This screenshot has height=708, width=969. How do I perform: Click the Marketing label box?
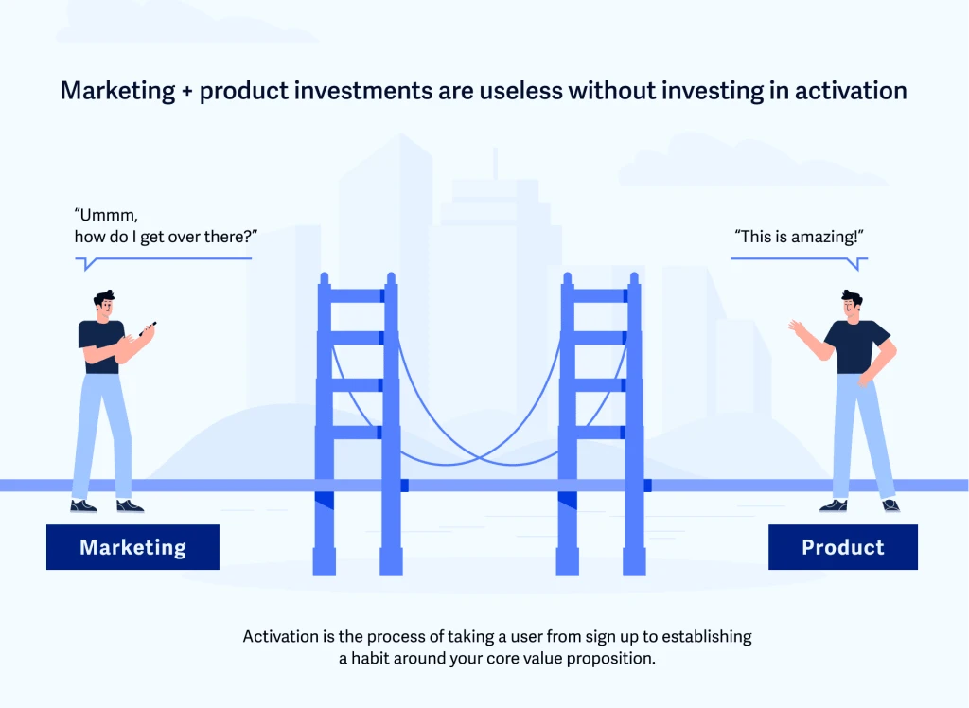[132, 547]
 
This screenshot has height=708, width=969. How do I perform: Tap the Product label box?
[843, 547]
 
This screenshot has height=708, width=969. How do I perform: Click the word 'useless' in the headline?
[520, 91]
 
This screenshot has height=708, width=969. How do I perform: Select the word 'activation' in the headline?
[851, 91]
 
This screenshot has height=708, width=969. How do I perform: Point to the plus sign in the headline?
[187, 92]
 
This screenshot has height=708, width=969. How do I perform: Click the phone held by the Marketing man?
[149, 328]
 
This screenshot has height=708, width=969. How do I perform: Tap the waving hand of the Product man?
[797, 328]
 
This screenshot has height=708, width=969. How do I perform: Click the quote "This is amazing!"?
[799, 237]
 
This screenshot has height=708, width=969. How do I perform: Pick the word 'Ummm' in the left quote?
[106, 215]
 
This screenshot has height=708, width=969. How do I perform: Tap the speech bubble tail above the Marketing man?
[89, 265]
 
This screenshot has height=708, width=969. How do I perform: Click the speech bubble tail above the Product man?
[857, 265]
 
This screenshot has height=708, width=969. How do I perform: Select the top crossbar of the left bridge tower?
[357, 295]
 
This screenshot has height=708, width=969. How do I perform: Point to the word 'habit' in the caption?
[371, 659]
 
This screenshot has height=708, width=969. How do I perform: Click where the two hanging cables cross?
[480, 457]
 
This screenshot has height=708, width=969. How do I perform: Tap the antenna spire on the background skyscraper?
[495, 164]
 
